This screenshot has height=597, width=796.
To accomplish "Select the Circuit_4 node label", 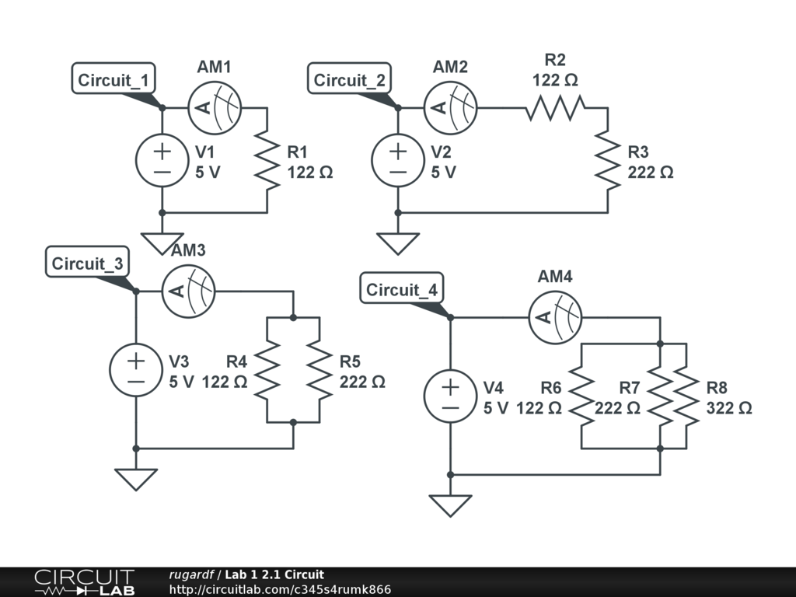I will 402,290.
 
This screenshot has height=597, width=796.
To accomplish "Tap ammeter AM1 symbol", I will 215,107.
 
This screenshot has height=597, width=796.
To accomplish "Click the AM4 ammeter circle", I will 555,317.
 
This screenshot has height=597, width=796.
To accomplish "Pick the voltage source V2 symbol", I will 398,160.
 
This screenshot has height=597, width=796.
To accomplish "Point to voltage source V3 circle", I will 136,370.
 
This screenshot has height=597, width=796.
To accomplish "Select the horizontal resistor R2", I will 555,108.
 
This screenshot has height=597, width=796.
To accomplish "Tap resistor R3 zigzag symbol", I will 607,160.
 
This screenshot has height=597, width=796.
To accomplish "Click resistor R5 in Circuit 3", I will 319,370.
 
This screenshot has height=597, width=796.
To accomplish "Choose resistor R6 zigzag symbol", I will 581,396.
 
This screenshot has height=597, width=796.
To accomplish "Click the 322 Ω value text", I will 729,408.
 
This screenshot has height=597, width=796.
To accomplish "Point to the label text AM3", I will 188,250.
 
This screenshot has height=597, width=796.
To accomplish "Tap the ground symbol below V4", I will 450,505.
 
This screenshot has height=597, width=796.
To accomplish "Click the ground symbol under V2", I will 398,243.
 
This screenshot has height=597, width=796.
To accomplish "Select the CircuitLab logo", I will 83,582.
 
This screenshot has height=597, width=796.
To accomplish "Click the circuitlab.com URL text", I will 280,589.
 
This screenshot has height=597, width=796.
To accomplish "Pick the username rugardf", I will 191,574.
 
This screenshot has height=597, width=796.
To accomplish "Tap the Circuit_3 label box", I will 87,264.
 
